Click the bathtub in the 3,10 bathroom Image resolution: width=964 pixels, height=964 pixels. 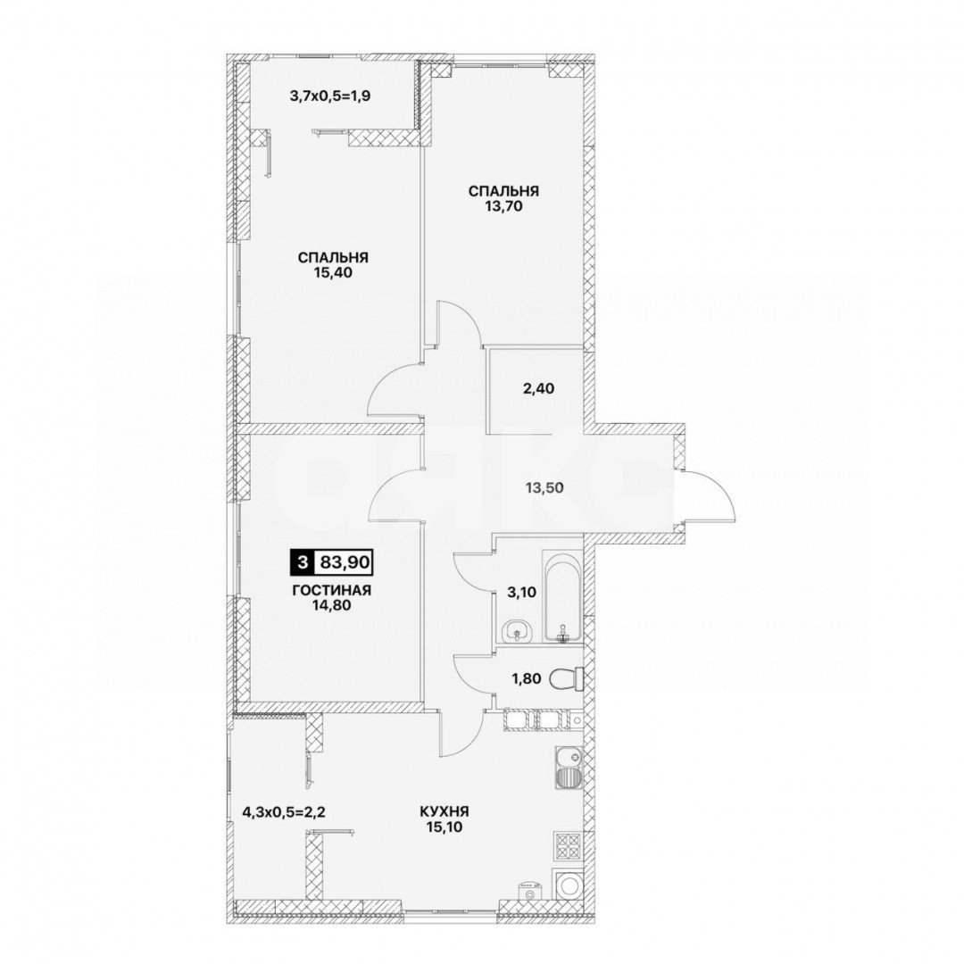pyautogui.click(x=562, y=596)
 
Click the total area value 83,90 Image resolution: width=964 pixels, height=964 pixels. pyautogui.click(x=344, y=561)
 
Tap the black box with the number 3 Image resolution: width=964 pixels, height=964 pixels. pyautogui.click(x=302, y=561)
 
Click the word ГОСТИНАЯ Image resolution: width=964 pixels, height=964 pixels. pyautogui.click(x=332, y=591)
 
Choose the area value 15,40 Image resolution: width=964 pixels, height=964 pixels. pyautogui.click(x=333, y=273)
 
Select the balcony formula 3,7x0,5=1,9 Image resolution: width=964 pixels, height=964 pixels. pyautogui.click(x=329, y=96)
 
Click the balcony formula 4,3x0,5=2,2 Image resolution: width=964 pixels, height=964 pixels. pyautogui.click(x=284, y=811)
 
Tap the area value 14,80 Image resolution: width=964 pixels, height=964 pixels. pyautogui.click(x=332, y=605)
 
